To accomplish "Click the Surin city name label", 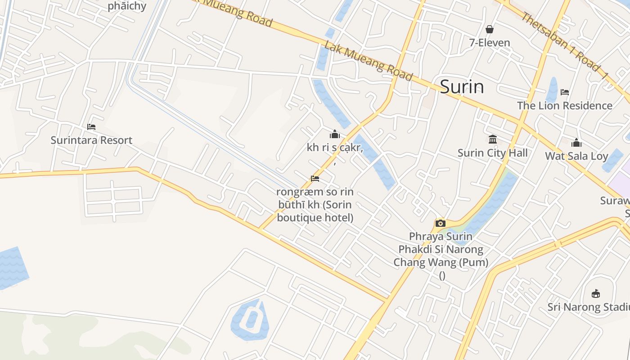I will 462,86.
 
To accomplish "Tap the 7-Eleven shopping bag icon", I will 490,29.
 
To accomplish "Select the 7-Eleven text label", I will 490,43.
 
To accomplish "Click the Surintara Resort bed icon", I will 91,127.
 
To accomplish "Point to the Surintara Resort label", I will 91,140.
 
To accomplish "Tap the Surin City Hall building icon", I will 493,139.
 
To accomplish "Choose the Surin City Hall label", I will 493,153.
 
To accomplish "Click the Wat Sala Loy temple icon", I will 576,143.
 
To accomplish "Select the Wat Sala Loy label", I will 576,156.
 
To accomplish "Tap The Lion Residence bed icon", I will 565,92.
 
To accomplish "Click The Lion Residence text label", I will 565,106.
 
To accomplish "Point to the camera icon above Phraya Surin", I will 441,223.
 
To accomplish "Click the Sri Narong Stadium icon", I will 596,294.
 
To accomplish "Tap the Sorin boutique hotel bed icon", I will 315,179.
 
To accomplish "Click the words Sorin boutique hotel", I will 315,211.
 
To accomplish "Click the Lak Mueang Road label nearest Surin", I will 368,61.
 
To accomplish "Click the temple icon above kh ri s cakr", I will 335,134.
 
